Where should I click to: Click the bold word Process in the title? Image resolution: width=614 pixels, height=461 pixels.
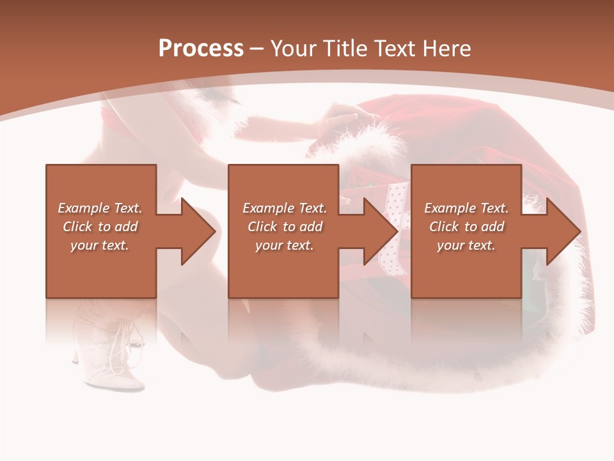coord(201,48)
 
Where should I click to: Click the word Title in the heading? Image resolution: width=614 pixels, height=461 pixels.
coord(342,48)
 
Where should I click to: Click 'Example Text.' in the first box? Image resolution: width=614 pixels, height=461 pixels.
coord(100,208)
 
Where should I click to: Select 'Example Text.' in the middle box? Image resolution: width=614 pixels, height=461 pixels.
coord(285,208)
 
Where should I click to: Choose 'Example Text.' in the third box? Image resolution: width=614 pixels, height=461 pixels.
coord(466,208)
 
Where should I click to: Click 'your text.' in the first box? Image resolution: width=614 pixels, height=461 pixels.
coord(100,245)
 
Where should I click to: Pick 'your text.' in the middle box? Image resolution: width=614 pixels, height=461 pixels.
coord(285,245)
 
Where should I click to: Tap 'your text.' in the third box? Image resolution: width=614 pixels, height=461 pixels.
coord(466,245)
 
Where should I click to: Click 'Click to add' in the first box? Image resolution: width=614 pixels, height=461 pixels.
coord(100,227)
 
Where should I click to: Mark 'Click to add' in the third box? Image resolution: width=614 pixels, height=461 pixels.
coord(466,227)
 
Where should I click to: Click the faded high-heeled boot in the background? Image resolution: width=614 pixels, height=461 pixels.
coord(115,352)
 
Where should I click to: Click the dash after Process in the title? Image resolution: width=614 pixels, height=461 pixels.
coord(256,49)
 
